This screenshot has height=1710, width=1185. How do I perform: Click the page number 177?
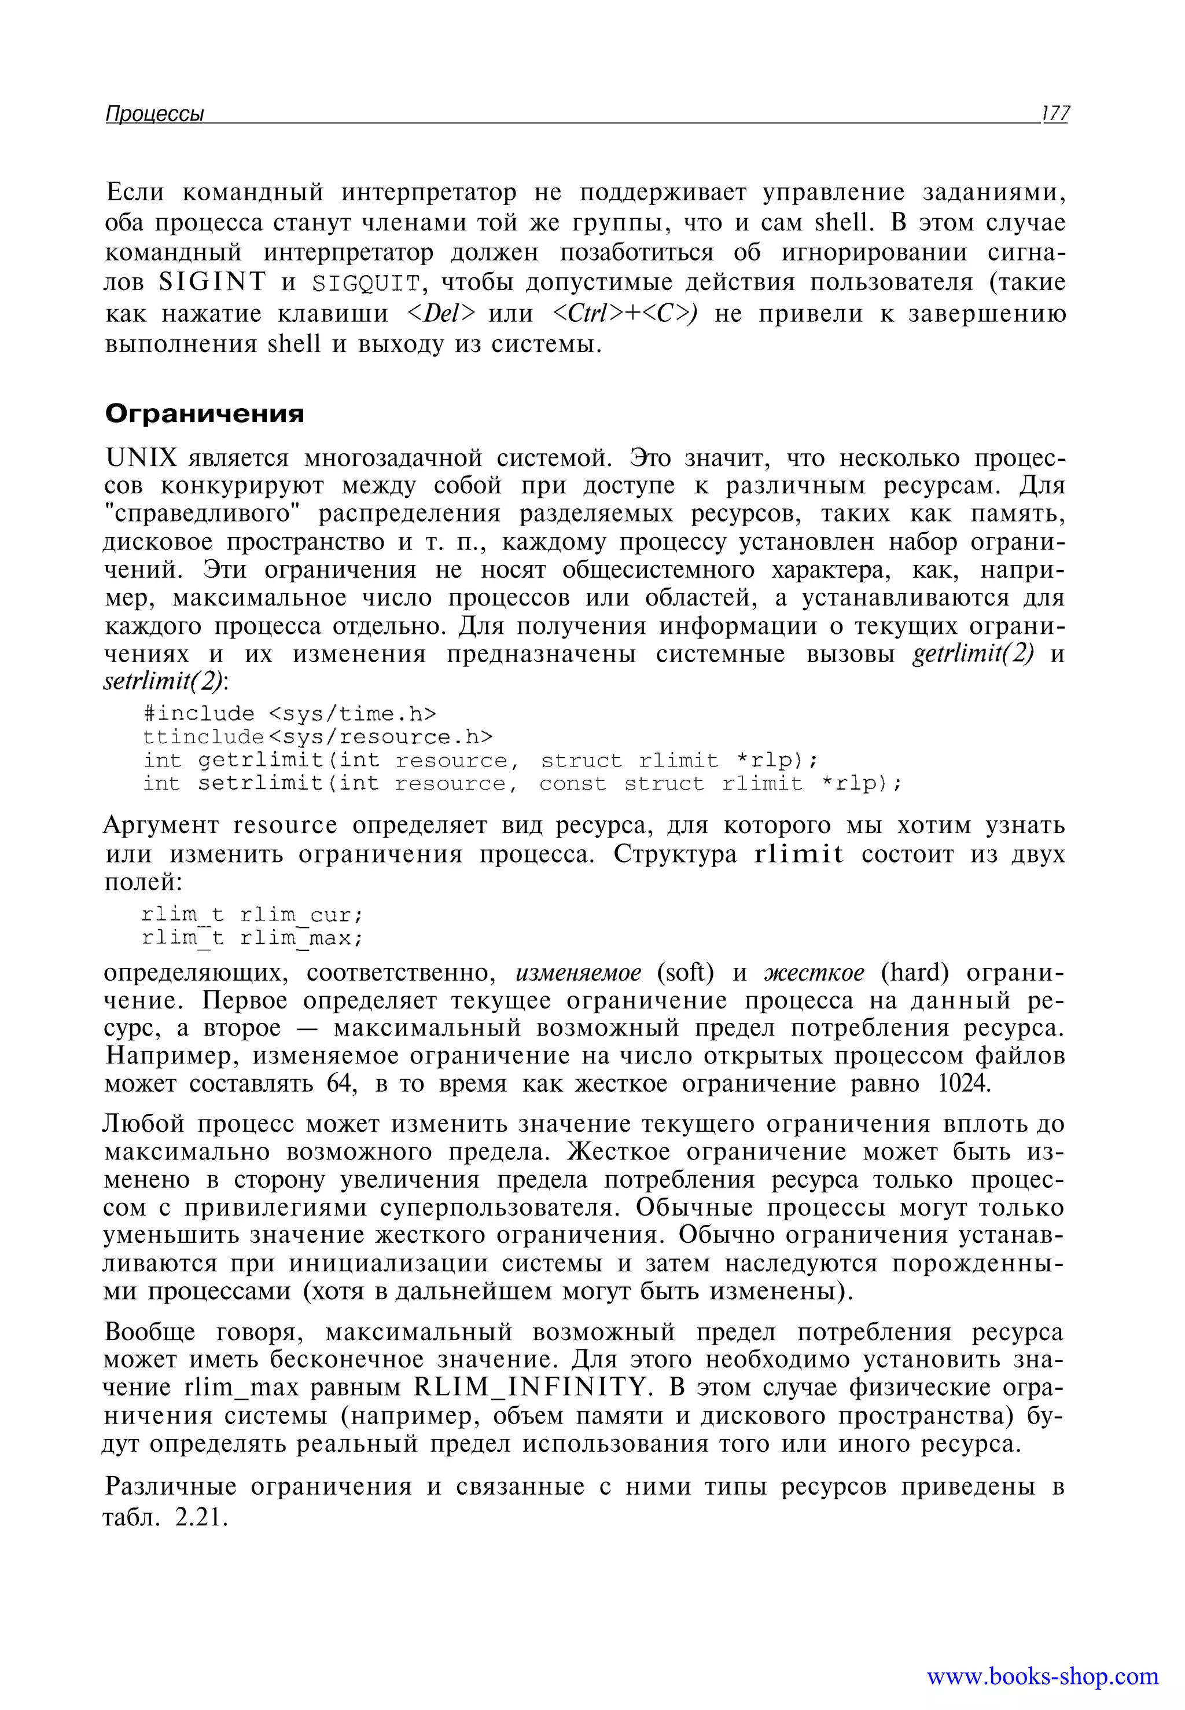tap(1054, 113)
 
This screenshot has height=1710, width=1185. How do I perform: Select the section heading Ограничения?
tap(204, 413)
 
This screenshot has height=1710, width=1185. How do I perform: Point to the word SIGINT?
tap(212, 282)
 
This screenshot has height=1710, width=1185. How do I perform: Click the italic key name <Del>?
tap(441, 314)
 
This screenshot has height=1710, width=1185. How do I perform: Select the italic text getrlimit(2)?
tap(973, 655)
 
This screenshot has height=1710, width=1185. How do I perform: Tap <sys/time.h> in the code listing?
tap(351, 714)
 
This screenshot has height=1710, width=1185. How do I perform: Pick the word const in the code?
tap(572, 784)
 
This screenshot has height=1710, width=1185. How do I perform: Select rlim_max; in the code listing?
tap(301, 938)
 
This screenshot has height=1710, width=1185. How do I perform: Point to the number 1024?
tap(964, 1084)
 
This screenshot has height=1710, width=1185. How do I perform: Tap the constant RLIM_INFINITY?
tap(531, 1387)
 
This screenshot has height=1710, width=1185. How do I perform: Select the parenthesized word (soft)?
tap(685, 973)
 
